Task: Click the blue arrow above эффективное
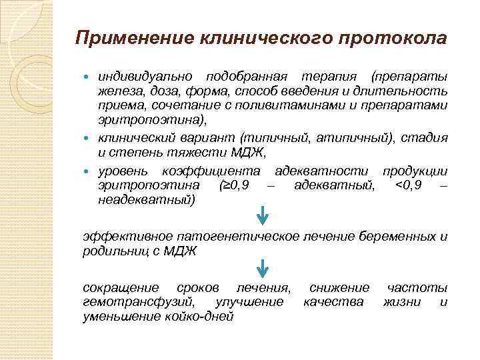click(x=263, y=215)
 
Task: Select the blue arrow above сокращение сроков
click(x=263, y=269)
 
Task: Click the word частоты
click(x=417, y=287)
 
